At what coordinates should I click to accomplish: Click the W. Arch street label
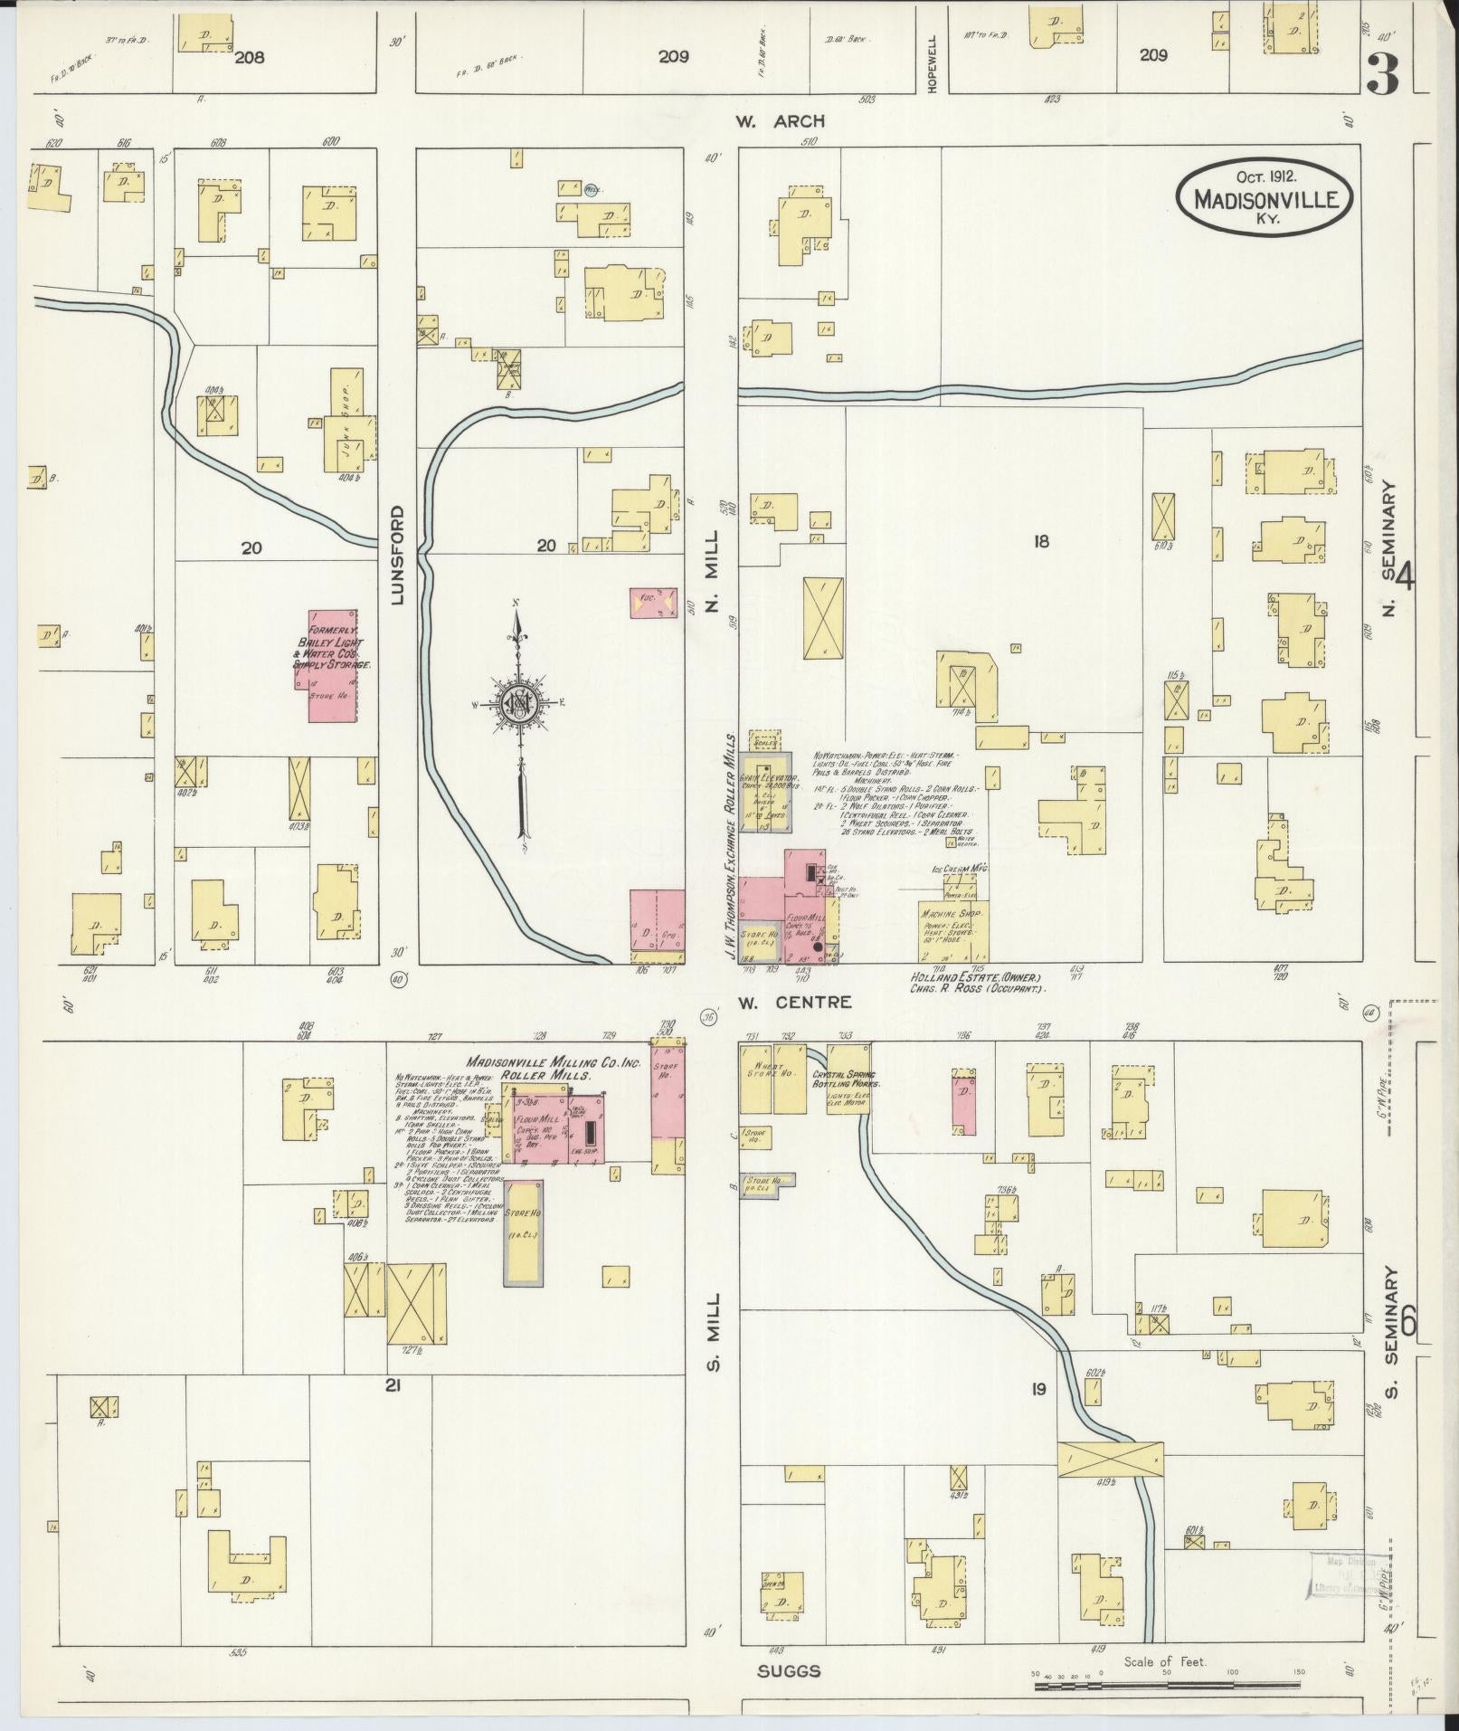(x=780, y=122)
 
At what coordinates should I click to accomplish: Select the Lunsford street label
(x=397, y=555)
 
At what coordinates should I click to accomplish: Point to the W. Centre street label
(x=794, y=1002)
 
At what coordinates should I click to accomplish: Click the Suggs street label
(x=789, y=1671)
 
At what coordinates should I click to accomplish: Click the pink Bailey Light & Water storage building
(x=333, y=665)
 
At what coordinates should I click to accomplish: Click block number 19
(x=1038, y=1387)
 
